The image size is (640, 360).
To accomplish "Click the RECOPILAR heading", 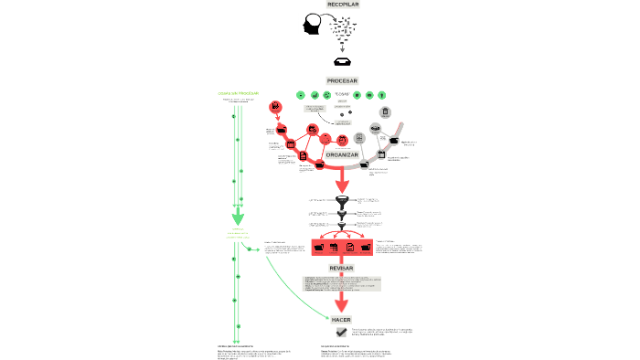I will coord(342,5).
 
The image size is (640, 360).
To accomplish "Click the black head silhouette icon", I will coord(313,26).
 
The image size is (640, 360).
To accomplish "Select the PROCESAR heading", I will coord(342,80).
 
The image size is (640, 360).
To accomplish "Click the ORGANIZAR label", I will coord(341,155).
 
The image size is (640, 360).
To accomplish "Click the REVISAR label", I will coord(342,269).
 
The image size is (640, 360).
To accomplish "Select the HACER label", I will coord(341,320).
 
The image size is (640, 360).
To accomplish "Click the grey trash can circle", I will coord(385,113).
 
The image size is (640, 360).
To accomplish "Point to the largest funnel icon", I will coord(342,200).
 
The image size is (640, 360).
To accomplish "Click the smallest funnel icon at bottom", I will coord(342,226).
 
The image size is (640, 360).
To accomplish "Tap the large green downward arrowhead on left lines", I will coord(237,219).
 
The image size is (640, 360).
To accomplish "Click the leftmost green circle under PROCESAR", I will coord(299,94).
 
